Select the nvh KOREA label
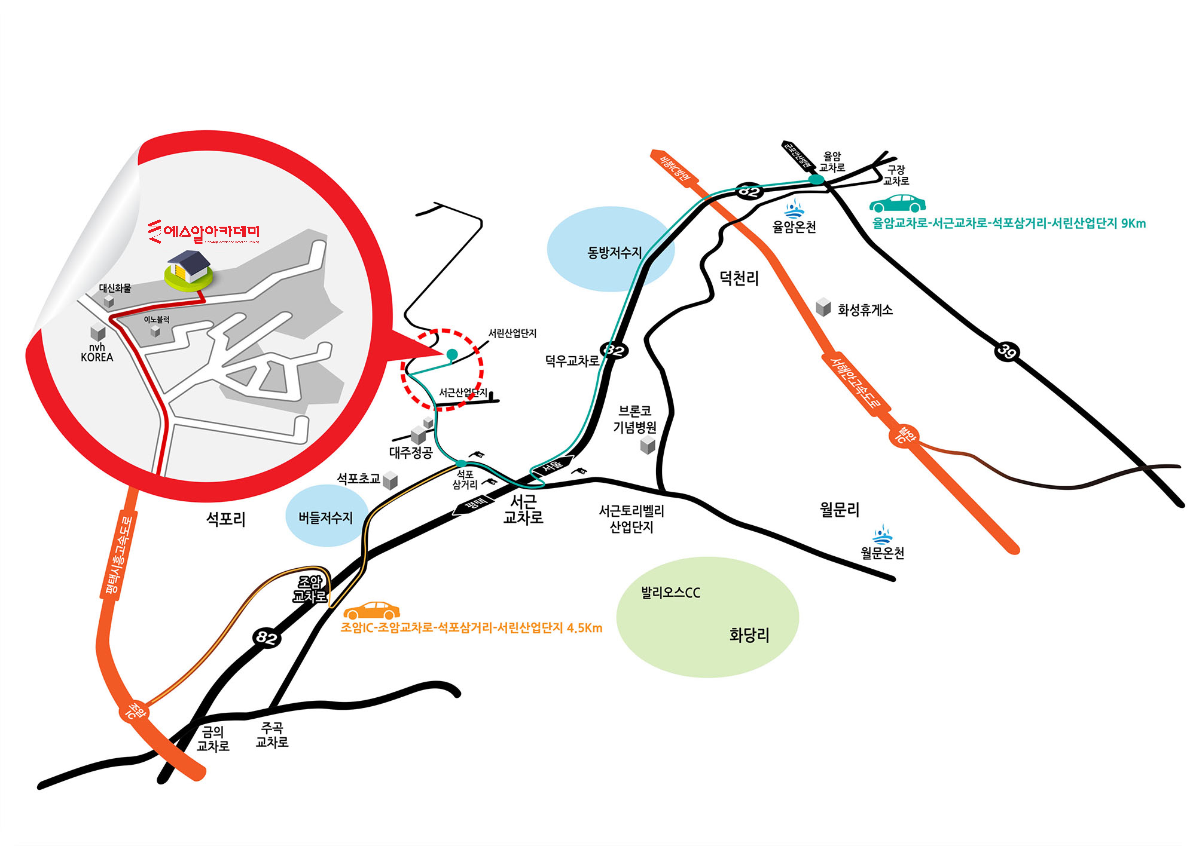pyautogui.click(x=97, y=352)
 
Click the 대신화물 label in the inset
pyautogui.click(x=115, y=288)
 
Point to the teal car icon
pyautogui.click(x=897, y=203)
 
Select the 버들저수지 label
pyautogui.click(x=325, y=517)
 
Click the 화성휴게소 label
pyautogui.click(x=865, y=310)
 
